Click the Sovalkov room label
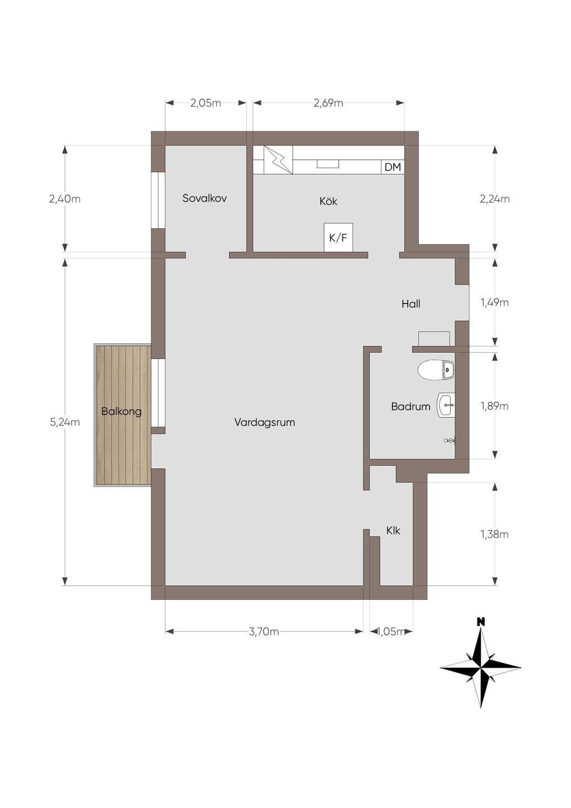click(205, 198)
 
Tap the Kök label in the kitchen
click(328, 201)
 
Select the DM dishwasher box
click(393, 167)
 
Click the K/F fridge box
click(338, 237)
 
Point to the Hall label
click(410, 304)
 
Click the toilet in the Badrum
click(436, 370)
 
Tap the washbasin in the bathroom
click(446, 406)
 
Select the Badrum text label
click(410, 407)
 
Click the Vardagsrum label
click(265, 422)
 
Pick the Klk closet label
click(393, 531)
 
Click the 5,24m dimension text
click(65, 422)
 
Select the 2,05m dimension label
click(205, 103)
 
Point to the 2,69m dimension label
click(328, 103)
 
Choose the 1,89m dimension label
click(494, 406)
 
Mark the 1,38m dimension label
click(494, 534)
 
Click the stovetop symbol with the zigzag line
click(278, 160)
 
